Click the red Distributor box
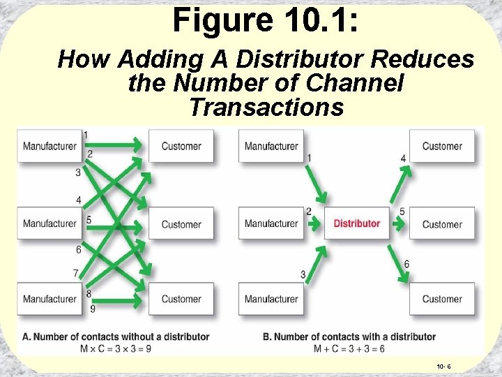click(356, 223)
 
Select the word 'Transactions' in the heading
click(266, 108)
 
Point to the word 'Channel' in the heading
click(357, 84)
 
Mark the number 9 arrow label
click(93, 309)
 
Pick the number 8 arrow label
click(89, 294)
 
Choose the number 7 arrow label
click(75, 273)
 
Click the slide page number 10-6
click(443, 365)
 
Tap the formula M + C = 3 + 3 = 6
click(349, 348)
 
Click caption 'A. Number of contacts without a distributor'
click(116, 337)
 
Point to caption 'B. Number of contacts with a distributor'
click(349, 337)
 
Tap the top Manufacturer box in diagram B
click(271, 146)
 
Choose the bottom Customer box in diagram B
click(442, 299)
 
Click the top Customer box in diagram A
click(181, 146)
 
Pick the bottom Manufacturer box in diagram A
click(50, 299)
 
